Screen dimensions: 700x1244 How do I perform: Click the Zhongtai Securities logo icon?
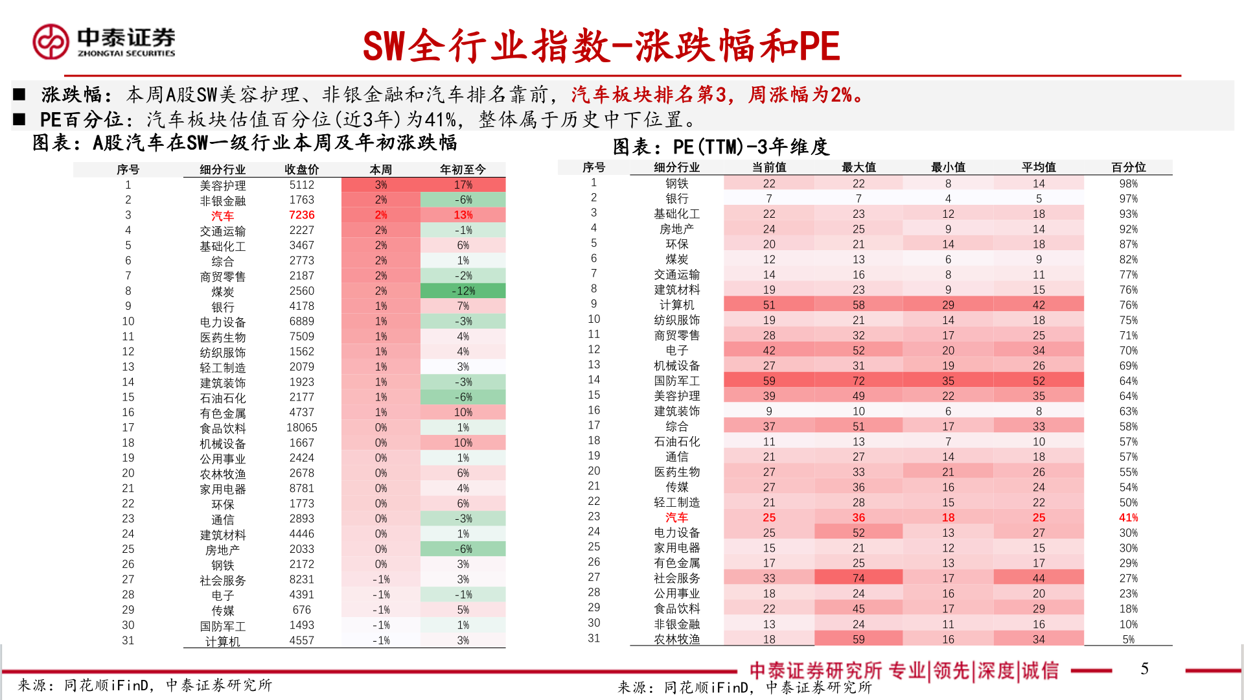[51, 42]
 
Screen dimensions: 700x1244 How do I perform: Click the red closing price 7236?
[301, 215]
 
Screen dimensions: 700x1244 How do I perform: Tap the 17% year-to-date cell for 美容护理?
[463, 185]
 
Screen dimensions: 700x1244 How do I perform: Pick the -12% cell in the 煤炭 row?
[463, 291]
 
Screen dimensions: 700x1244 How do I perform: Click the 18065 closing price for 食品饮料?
[301, 428]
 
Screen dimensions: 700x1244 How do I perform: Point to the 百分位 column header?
[1128, 167]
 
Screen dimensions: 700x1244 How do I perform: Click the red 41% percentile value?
[1128, 517]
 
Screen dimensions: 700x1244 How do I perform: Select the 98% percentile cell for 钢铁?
[1128, 183]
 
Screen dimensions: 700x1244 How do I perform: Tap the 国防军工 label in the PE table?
[676, 381]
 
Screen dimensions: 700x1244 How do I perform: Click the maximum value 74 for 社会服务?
[858, 578]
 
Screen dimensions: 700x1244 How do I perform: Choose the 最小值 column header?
[948, 167]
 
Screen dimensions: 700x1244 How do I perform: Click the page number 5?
[1144, 669]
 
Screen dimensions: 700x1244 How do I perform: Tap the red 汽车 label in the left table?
[222, 216]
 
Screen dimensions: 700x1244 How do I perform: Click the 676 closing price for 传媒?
[301, 610]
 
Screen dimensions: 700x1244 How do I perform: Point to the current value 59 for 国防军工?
[768, 381]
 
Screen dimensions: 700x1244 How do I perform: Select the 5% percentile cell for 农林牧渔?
[1128, 639]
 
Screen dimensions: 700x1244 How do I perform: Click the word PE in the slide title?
[819, 47]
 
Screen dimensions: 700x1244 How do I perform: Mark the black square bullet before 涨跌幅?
[19, 95]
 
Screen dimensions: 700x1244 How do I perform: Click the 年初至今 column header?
[463, 169]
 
